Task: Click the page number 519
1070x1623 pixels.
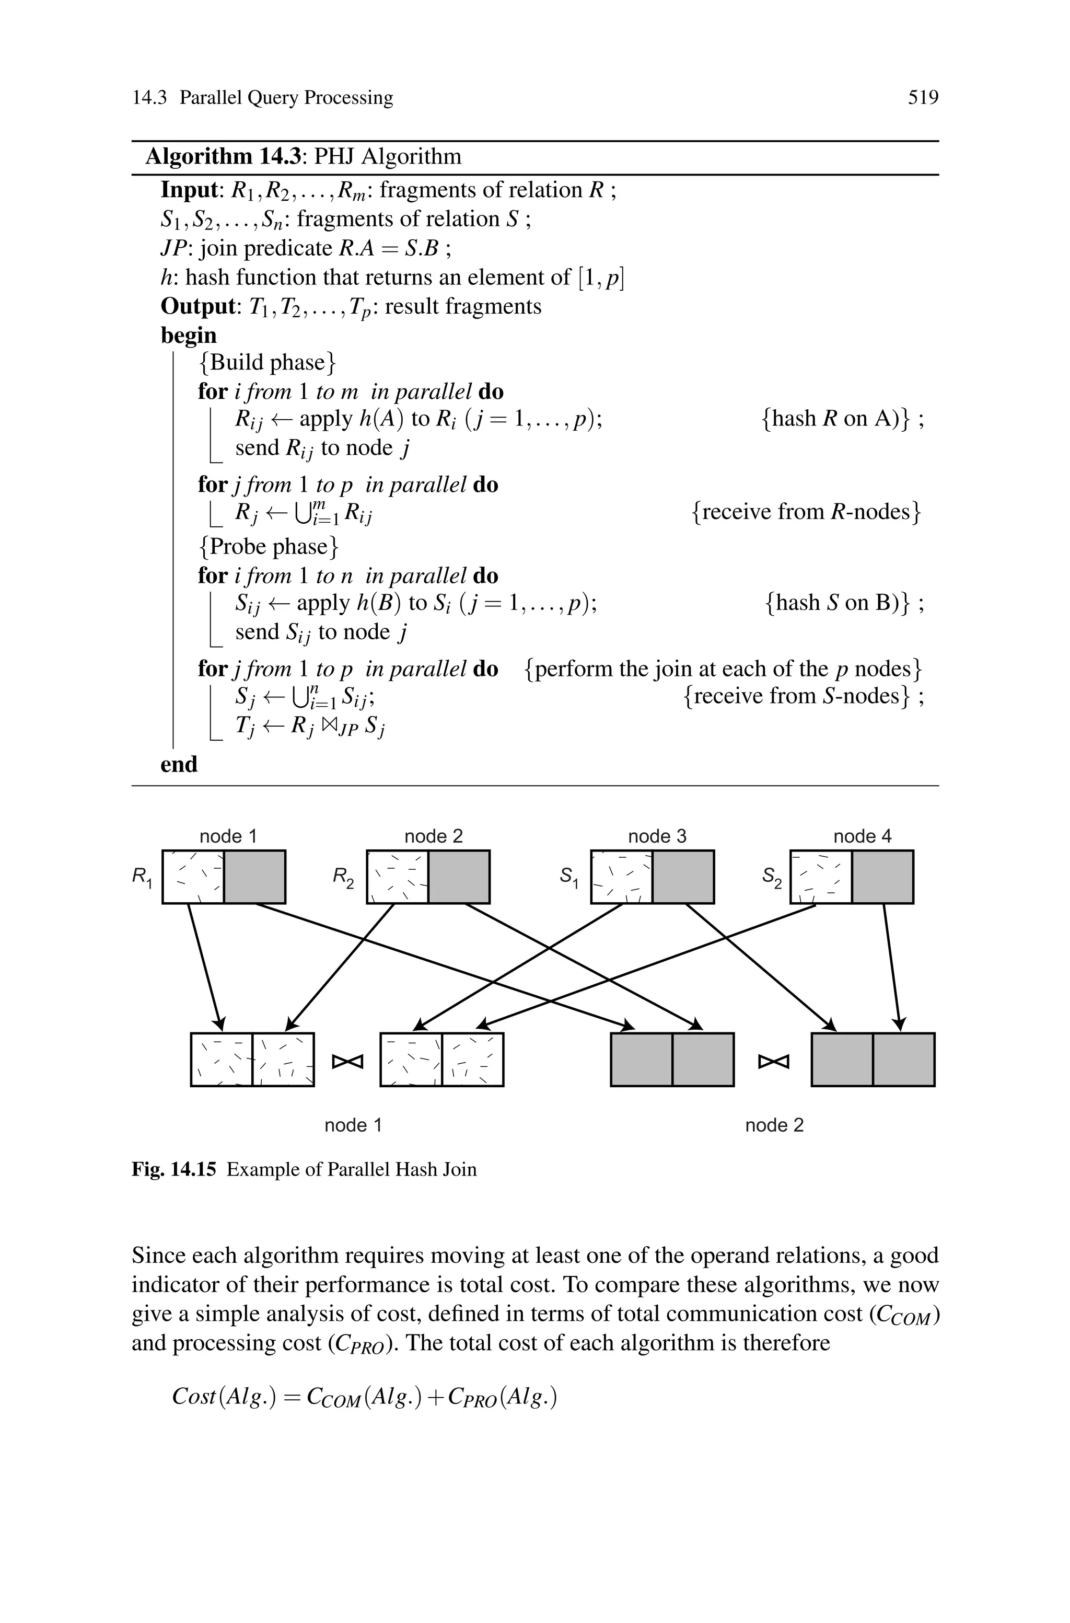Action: (x=923, y=98)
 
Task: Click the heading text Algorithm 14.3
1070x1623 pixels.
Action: (x=223, y=157)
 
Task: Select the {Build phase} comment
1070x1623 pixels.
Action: (x=267, y=362)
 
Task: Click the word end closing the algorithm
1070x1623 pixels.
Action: (x=179, y=764)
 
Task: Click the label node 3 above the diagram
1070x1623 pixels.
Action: (x=657, y=836)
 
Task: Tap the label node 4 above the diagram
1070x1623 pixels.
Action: (x=862, y=836)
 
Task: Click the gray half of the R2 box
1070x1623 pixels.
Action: (x=459, y=877)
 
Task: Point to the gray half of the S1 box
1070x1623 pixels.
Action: (x=683, y=877)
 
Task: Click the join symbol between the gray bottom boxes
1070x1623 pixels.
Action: (x=773, y=1062)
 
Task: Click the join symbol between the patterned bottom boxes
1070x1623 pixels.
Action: (x=347, y=1062)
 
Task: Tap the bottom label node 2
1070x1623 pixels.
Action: (x=774, y=1125)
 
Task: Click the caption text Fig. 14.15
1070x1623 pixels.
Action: (x=173, y=1170)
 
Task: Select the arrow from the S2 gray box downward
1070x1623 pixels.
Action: (x=892, y=966)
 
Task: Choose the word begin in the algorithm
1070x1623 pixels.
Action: (x=188, y=335)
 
